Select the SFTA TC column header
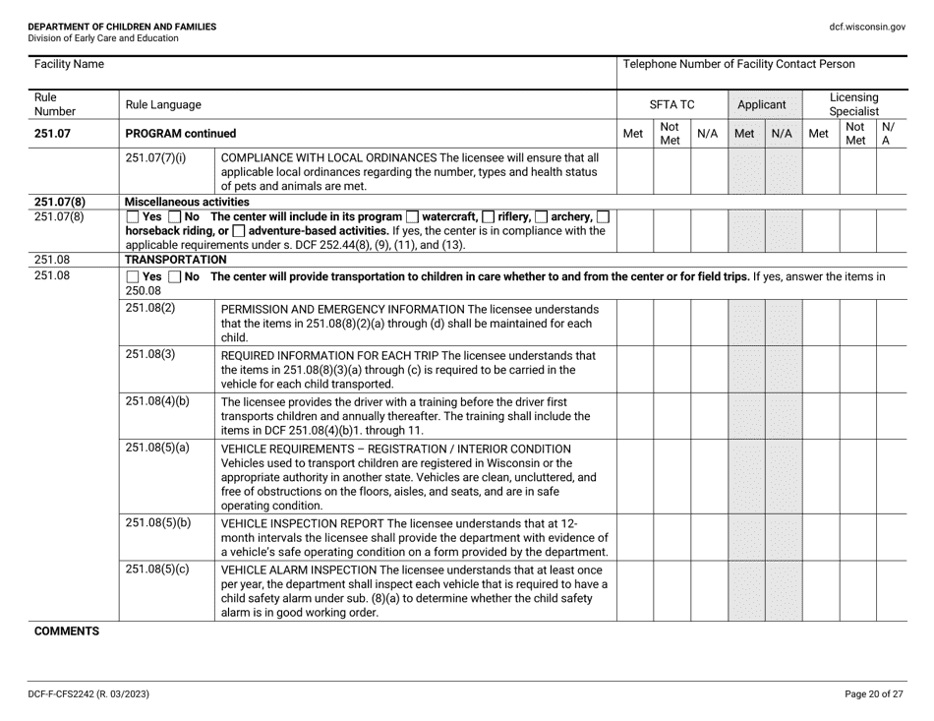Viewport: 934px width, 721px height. (673, 102)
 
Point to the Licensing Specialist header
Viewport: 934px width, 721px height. (853, 102)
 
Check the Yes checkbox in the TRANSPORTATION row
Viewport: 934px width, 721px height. (133, 277)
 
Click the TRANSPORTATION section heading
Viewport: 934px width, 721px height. (176, 260)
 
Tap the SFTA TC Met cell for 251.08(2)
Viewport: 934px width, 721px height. (634, 321)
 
